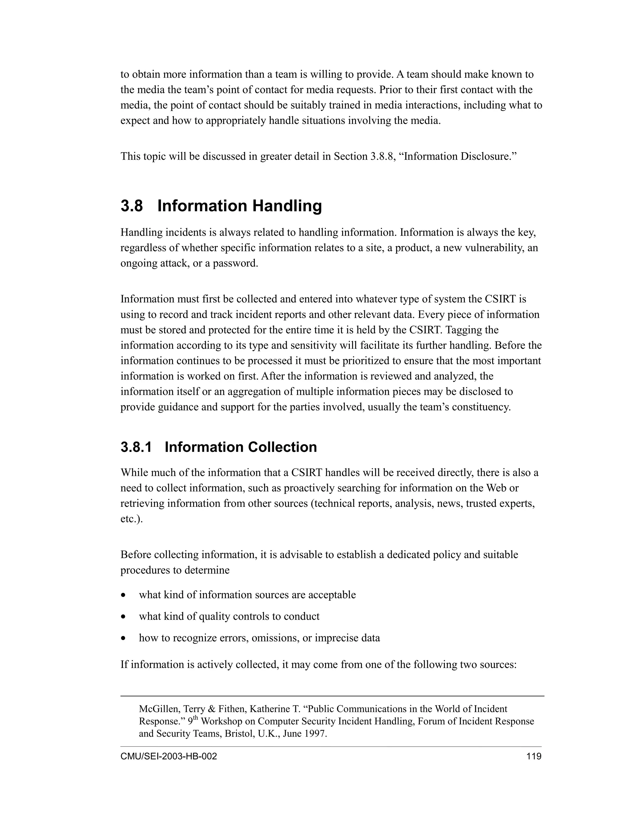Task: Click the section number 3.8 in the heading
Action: pyautogui.click(x=132, y=206)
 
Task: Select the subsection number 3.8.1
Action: pyautogui.click(x=136, y=447)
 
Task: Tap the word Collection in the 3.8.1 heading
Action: pyautogui.click(x=282, y=447)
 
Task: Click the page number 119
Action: pyautogui.click(x=534, y=756)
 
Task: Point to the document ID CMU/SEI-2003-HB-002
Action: pyautogui.click(x=169, y=756)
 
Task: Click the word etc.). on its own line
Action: pyautogui.click(x=132, y=518)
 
